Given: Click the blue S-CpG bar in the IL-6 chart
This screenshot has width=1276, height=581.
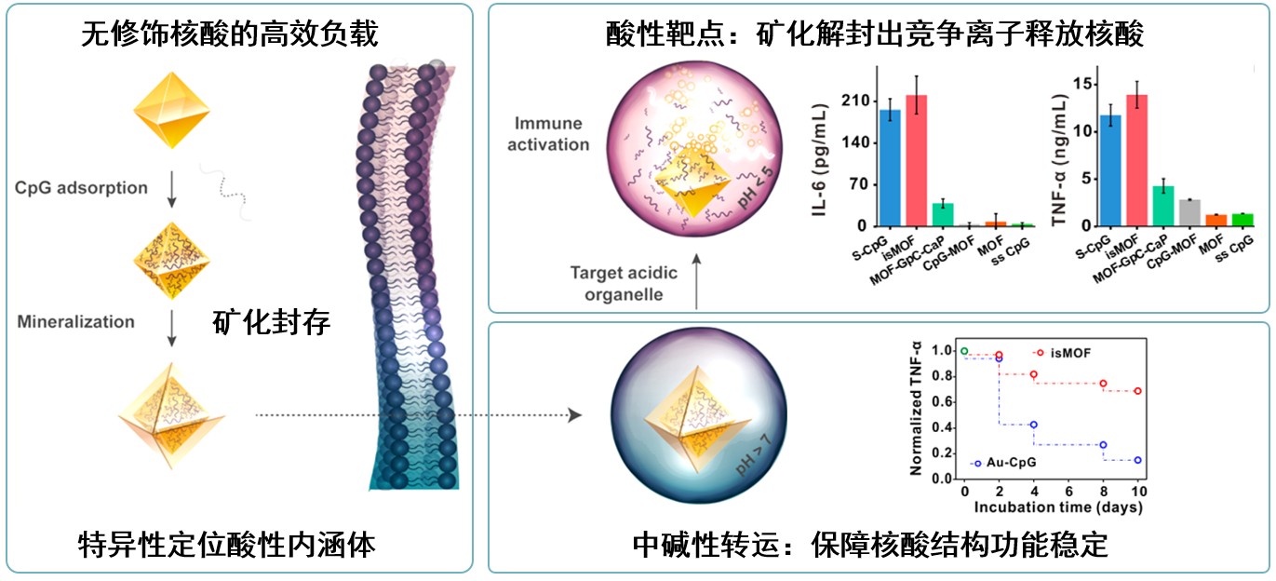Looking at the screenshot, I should point(890,169).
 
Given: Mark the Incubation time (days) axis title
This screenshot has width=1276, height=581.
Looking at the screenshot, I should point(1058,508).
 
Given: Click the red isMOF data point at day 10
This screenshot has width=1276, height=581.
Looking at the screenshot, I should point(1137,391).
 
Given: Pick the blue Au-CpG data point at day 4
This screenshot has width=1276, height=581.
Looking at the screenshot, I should point(1033,425).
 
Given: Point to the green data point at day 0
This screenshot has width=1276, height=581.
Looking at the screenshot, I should point(964,351).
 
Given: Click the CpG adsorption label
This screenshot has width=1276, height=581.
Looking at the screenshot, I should point(81,188).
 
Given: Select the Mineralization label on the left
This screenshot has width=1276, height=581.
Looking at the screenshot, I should point(75,322).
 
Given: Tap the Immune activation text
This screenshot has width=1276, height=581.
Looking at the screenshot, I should point(549,133).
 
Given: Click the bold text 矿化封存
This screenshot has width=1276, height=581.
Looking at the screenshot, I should point(271,323).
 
